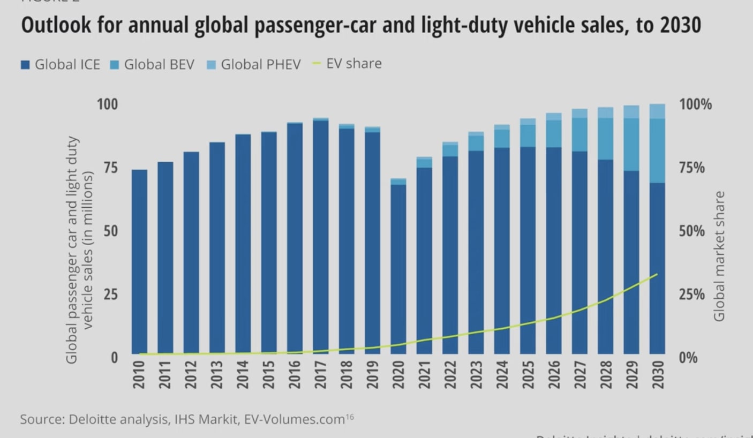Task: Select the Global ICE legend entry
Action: (61, 65)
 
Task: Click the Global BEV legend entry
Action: (152, 65)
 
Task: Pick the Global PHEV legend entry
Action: (254, 65)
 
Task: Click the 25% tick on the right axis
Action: (692, 294)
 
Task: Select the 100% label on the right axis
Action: (695, 104)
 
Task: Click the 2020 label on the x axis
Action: (398, 375)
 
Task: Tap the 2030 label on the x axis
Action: (658, 375)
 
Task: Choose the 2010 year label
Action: (139, 375)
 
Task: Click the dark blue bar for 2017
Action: (321, 236)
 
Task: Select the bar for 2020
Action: (398, 268)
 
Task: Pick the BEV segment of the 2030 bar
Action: (657, 150)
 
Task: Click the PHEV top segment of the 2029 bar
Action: (631, 111)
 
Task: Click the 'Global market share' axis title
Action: (719, 256)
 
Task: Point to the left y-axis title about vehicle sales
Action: (80, 250)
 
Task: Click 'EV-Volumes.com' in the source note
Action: (294, 419)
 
